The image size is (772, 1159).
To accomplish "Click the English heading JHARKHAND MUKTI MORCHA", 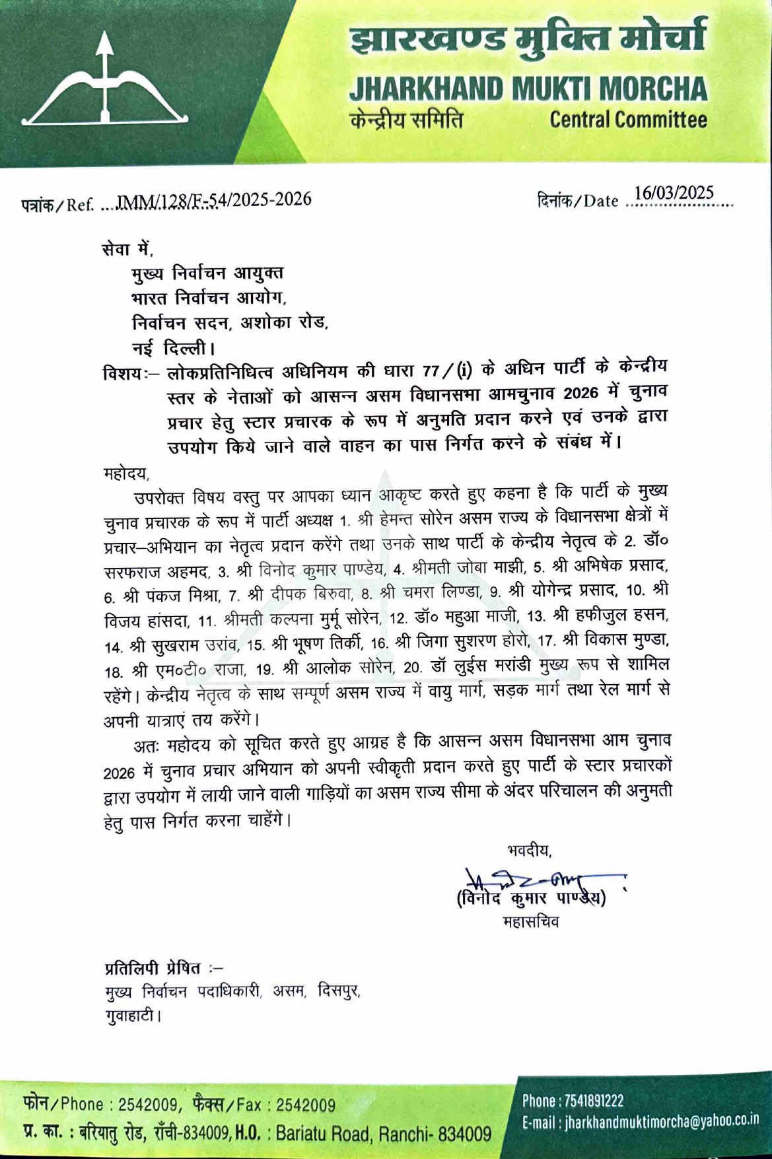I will click(528, 89).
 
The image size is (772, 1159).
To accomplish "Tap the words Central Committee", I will click(628, 120).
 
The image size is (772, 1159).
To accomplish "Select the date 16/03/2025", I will click(674, 193).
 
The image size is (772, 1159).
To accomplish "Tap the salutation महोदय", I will click(126, 473).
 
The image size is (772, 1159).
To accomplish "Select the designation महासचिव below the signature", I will click(530, 922).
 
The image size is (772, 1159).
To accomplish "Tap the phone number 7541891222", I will click(592, 1100).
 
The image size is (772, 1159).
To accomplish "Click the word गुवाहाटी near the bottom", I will click(131, 1014).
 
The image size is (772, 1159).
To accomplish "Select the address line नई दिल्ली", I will click(173, 347).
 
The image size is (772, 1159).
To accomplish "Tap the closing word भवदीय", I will click(529, 850).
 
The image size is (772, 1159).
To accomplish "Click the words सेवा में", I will click(127, 249).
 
